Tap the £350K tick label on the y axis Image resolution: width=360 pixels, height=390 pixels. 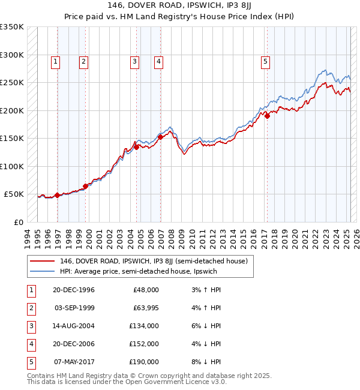12,27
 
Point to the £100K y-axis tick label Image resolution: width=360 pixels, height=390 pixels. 12,166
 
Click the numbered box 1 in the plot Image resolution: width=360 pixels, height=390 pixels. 55,61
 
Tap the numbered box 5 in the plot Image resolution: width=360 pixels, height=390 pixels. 265,61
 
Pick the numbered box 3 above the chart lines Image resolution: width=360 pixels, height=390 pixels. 134,61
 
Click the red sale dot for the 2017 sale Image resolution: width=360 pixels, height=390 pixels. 267,116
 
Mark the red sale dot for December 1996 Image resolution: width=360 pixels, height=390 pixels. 58,195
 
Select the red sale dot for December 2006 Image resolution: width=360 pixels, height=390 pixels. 160,137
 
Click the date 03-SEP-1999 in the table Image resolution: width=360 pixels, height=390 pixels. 74,308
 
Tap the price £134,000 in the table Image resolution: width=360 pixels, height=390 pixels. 144,326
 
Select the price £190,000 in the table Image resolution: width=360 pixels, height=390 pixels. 144,362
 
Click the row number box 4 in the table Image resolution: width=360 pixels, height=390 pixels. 31,344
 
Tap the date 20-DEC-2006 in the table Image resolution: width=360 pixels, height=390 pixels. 74,344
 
